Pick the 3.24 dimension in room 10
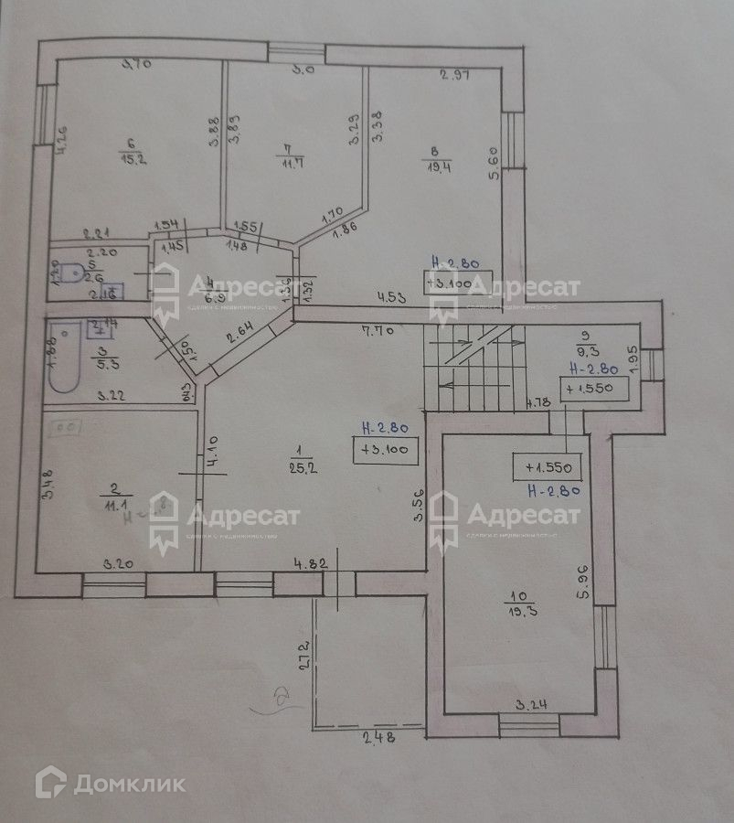530,704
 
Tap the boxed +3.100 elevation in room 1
390,449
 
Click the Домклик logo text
129,784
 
